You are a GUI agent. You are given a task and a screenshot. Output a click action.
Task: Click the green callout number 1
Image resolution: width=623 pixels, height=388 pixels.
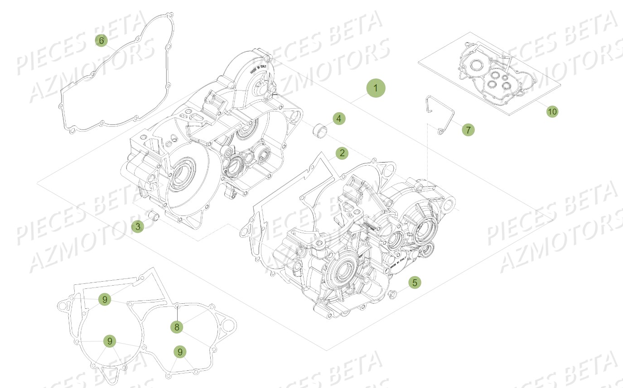(x=376, y=88)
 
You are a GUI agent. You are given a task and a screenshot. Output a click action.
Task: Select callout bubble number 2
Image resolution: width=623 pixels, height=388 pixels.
(x=342, y=153)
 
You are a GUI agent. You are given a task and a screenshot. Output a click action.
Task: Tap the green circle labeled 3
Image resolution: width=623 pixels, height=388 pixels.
(x=138, y=226)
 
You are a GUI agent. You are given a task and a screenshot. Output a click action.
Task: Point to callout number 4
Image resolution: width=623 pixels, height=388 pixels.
(x=338, y=119)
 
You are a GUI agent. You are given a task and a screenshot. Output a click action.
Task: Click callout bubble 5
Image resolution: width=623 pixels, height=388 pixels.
(x=414, y=283)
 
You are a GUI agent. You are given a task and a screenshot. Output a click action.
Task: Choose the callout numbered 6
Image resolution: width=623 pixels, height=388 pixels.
(x=101, y=40)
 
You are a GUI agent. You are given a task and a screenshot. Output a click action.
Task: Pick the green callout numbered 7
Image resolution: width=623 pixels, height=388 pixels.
(x=468, y=130)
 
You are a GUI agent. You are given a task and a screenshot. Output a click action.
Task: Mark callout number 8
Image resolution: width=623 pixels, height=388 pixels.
(x=178, y=327)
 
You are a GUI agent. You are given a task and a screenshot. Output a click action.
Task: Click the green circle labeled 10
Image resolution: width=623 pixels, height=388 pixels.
(x=552, y=111)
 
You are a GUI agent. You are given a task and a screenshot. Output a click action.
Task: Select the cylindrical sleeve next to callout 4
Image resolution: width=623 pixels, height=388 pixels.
(x=319, y=133)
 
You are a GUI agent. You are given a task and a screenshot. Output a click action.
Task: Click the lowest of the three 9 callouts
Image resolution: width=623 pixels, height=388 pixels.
(x=180, y=352)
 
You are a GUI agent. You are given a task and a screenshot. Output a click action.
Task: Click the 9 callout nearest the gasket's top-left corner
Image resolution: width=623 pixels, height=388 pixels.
(x=105, y=299)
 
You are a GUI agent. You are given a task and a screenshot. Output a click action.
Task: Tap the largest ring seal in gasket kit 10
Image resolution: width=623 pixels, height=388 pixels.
(x=476, y=66)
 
